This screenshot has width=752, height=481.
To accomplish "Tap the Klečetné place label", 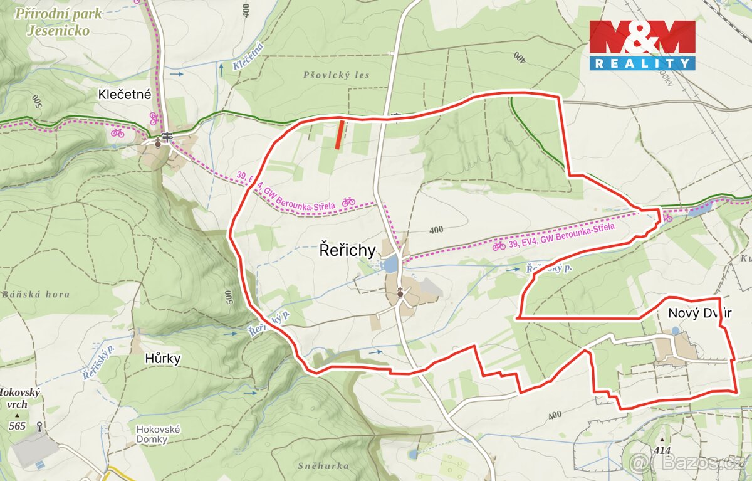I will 125,95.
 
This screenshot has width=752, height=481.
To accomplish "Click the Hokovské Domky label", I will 159,434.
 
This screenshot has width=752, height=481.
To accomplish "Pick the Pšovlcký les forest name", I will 336,75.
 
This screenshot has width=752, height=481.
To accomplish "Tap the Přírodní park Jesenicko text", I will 58,21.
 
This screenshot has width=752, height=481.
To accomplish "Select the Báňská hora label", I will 35,294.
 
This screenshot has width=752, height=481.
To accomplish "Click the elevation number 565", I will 18,426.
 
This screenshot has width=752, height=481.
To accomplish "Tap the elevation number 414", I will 661,450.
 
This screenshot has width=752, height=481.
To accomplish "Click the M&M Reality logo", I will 642,44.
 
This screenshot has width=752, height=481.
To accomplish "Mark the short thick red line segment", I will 339,134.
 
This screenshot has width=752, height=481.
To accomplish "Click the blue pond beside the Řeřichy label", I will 391,264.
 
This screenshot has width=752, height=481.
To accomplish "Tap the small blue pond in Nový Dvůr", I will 675,330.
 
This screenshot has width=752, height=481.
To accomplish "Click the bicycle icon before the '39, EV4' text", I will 499,246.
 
